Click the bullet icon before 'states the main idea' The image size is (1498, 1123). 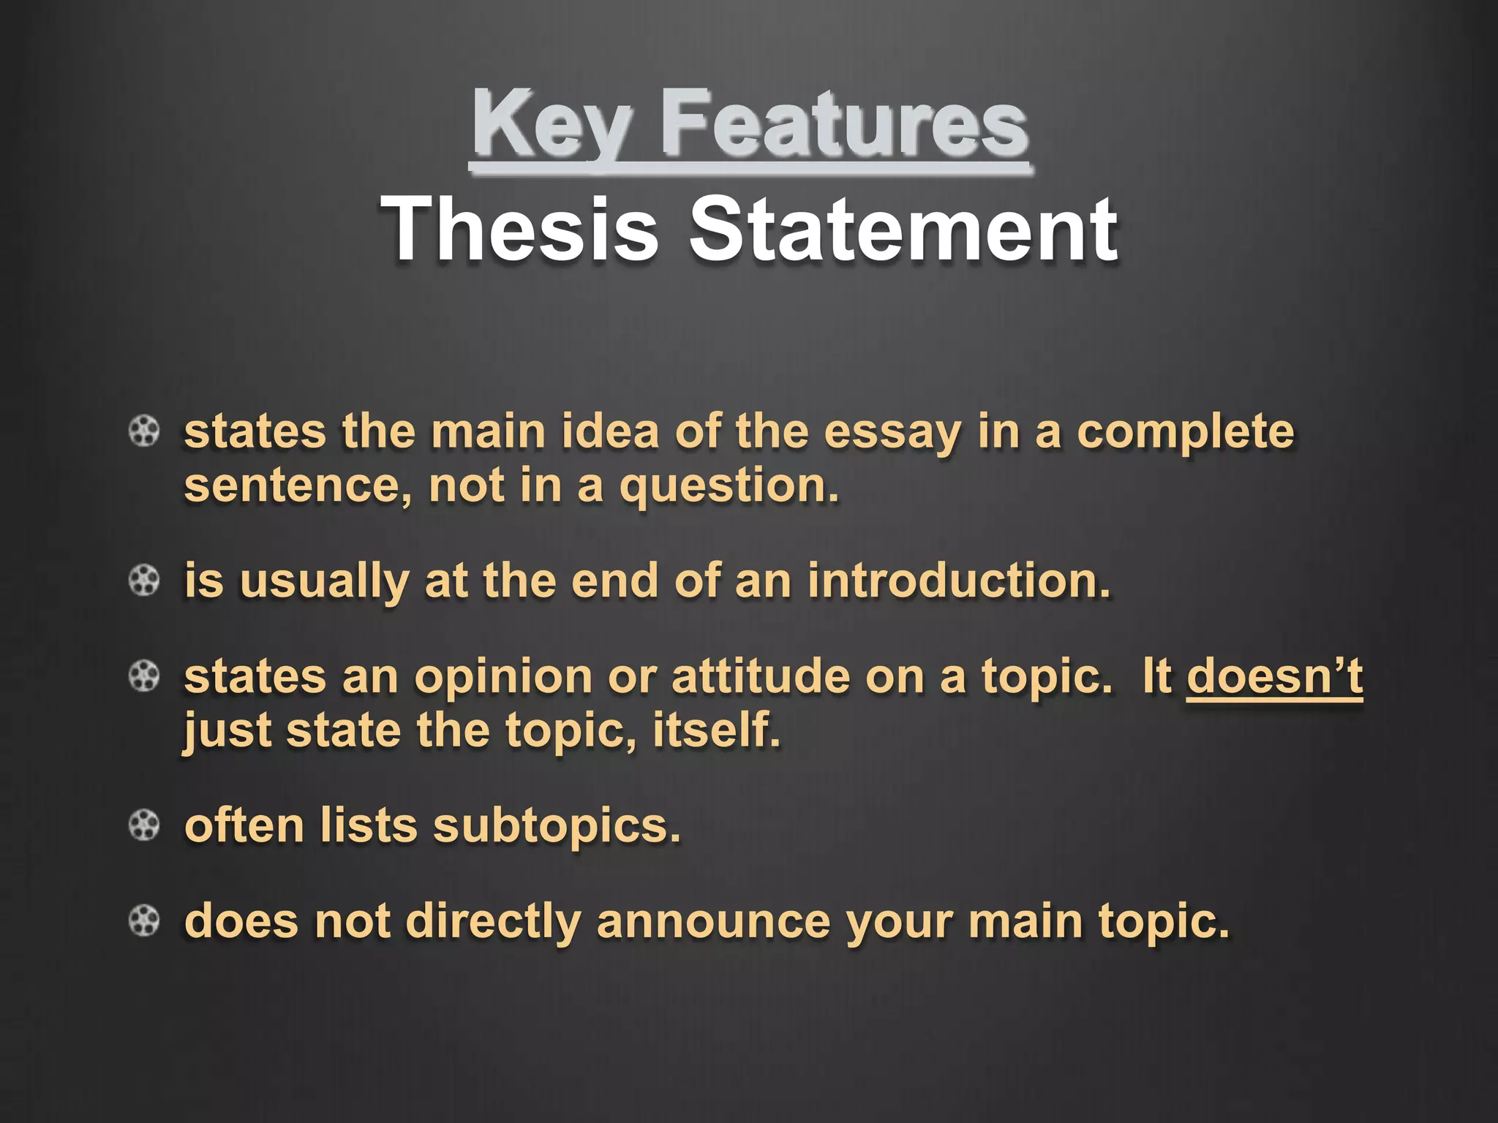pos(144,431)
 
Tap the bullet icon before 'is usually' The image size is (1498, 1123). pos(144,581)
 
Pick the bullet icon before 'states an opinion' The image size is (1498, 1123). pos(144,676)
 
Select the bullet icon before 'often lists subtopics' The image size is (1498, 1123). pos(144,826)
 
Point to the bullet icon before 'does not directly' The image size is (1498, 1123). pos(144,921)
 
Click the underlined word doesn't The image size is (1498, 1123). pos(1274,676)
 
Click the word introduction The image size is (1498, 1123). pos(958,581)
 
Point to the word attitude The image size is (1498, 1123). pos(761,676)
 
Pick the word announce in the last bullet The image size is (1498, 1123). pos(714,921)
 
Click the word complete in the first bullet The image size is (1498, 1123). pos(1185,433)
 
